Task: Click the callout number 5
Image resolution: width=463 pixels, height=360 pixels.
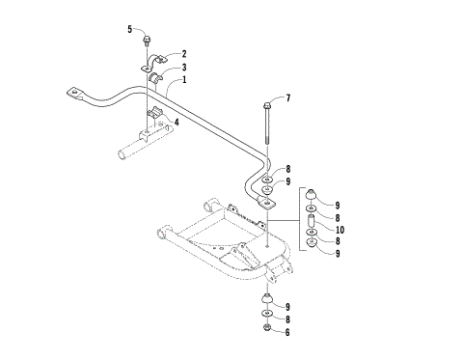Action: coord(129,30)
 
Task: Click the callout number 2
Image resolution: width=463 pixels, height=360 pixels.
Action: coord(183,54)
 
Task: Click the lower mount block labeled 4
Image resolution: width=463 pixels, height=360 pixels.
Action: coord(155,120)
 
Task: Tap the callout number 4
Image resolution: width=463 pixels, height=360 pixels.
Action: coord(176,122)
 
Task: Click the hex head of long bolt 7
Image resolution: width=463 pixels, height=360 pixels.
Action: coord(262,101)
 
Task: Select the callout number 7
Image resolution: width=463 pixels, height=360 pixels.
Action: coord(286,98)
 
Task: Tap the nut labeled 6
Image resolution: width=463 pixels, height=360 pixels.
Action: coord(265,331)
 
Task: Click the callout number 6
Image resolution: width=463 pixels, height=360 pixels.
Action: coord(287,331)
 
